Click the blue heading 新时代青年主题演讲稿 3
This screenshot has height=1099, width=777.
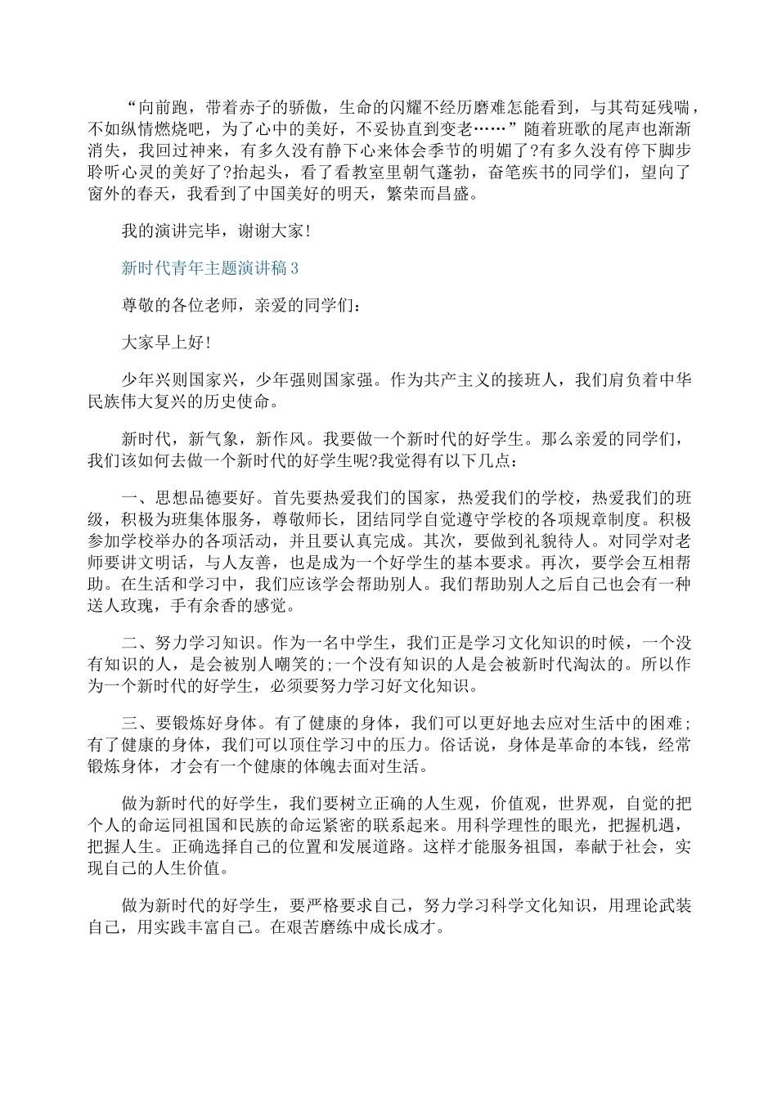click(x=210, y=268)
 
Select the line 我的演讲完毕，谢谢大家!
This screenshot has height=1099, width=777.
click(x=215, y=231)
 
